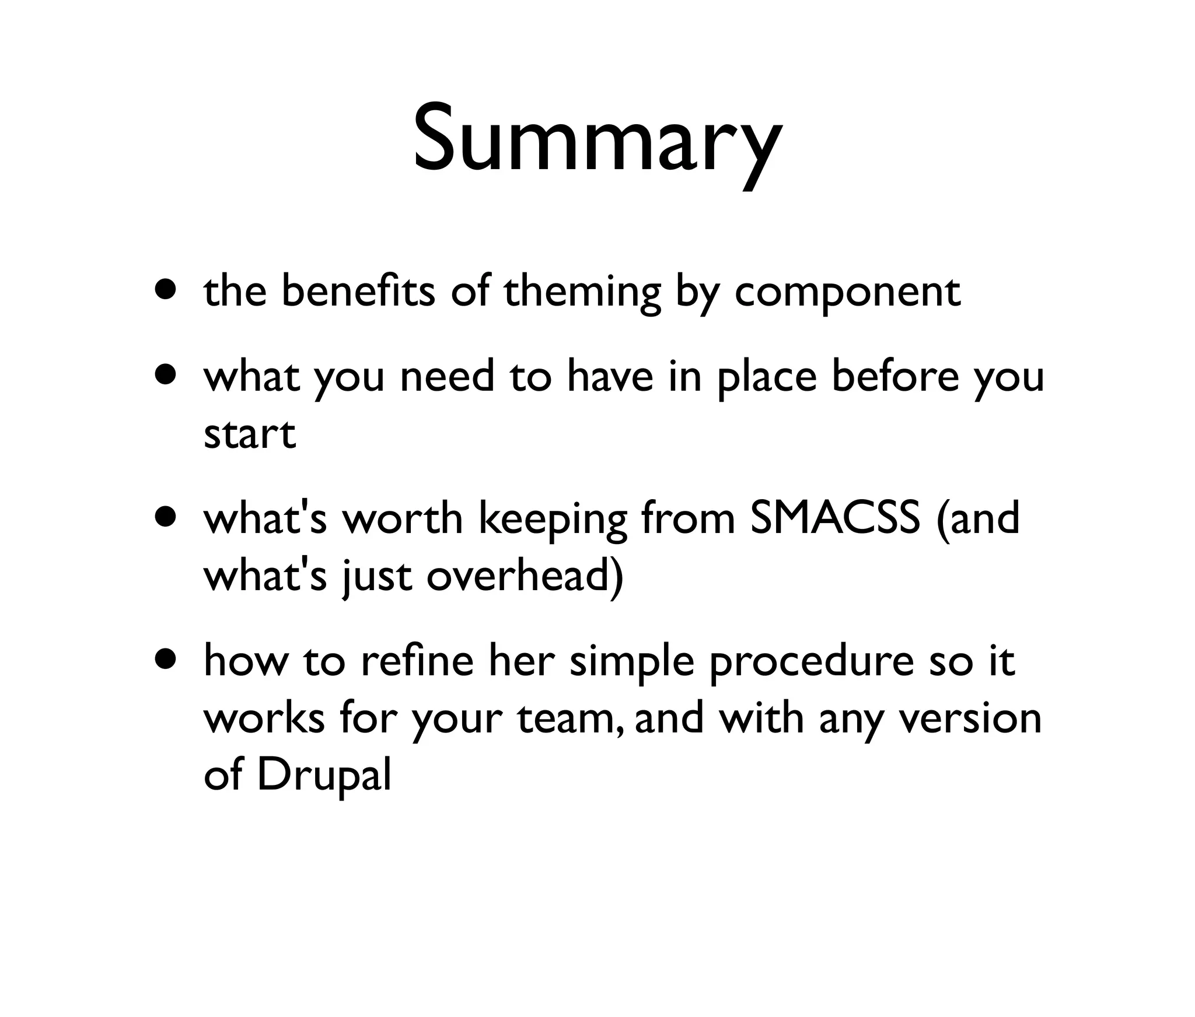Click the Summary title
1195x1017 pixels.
tap(597, 140)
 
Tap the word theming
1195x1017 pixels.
tap(582, 292)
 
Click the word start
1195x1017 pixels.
tap(250, 434)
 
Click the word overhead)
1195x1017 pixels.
tap(525, 576)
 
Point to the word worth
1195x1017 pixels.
tap(402, 518)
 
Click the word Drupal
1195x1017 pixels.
tap(324, 776)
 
